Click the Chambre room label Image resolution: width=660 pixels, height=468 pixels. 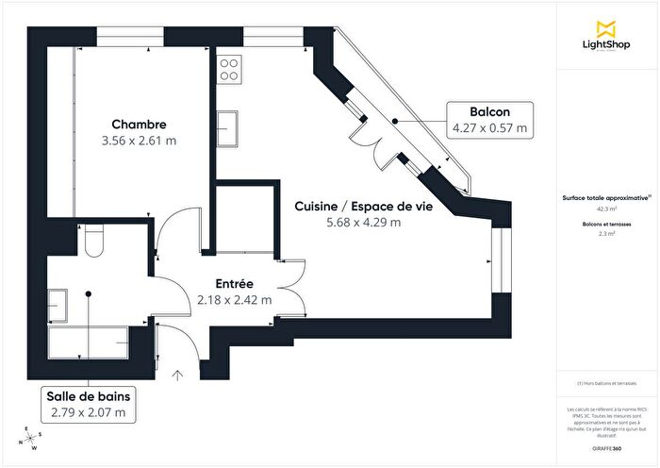(139, 125)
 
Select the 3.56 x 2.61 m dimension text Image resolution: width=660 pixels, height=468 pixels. (139, 141)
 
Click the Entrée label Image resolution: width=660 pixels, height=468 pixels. (234, 284)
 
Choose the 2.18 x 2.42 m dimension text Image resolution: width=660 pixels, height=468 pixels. (234, 300)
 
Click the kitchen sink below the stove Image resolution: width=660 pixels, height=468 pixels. (228, 125)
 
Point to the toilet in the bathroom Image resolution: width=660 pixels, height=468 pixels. (92, 243)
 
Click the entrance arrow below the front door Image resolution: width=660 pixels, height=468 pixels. (178, 378)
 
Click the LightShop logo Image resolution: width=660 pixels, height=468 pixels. (606, 39)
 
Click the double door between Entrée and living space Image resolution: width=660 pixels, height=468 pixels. (293, 287)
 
